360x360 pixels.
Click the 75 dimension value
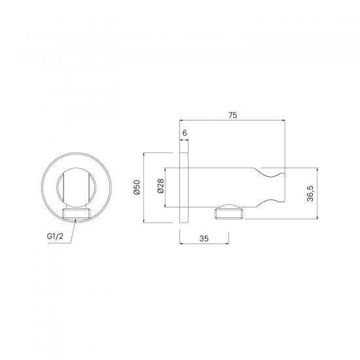click(x=232, y=115)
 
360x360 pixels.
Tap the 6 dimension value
click(x=185, y=133)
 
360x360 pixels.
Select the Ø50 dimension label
click(x=137, y=187)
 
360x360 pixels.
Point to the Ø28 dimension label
click(x=161, y=186)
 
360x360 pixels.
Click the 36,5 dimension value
click(x=310, y=193)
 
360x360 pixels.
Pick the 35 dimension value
click(x=204, y=239)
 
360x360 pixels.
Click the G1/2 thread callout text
click(x=55, y=236)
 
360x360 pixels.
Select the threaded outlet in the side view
click(x=229, y=213)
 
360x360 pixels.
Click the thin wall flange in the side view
click(x=184, y=188)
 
